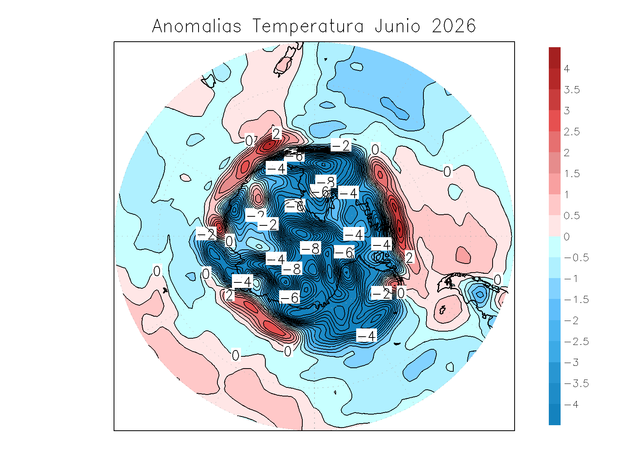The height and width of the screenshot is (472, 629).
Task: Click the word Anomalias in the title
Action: click(197, 26)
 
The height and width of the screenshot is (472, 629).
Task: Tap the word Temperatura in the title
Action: click(308, 26)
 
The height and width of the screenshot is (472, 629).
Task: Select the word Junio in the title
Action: click(397, 26)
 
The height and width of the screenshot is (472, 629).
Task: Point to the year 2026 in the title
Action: click(454, 26)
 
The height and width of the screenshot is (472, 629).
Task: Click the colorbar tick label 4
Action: click(566, 69)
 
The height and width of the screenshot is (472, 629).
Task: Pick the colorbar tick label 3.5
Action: click(572, 90)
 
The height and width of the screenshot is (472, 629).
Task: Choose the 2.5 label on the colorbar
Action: click(572, 132)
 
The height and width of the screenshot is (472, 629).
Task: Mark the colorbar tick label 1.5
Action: click(572, 174)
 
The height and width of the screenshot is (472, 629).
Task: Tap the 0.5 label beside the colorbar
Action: click(572, 216)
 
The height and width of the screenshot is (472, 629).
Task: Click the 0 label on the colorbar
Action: click(566, 237)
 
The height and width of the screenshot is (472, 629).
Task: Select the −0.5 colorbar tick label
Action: click(576, 258)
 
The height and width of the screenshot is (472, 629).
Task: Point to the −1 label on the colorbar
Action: click(571, 279)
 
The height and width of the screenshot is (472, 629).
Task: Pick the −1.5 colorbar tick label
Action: click(576, 300)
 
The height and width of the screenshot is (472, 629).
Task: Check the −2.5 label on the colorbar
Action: click(576, 342)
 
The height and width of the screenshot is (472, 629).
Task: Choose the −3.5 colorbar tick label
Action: click(576, 383)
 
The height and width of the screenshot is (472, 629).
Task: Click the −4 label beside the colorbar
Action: click(571, 405)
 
